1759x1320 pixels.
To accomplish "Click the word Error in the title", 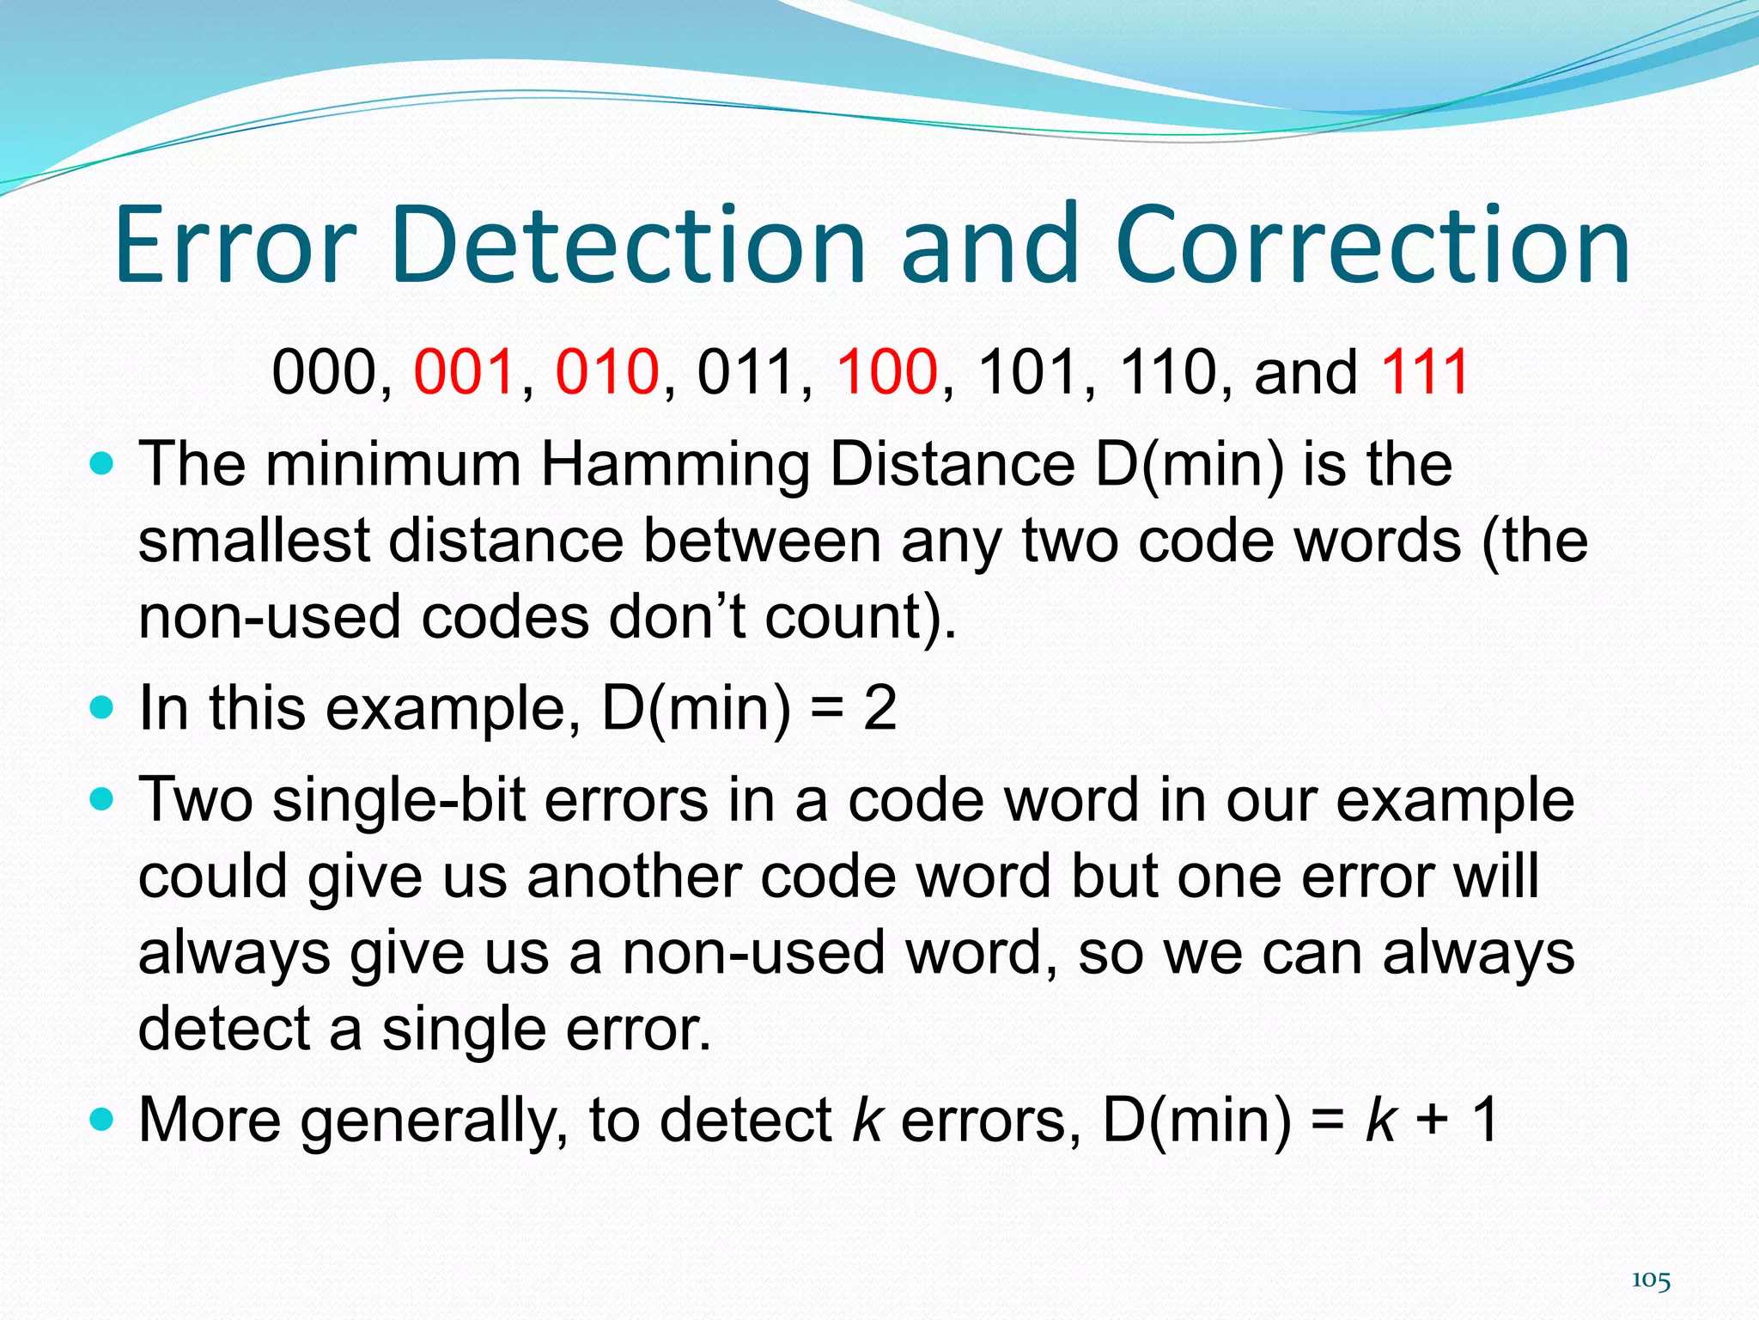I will pyautogui.click(x=234, y=245).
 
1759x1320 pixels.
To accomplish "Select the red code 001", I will pyautogui.click(x=465, y=372).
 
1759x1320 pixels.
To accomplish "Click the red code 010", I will pyautogui.click(x=606, y=372).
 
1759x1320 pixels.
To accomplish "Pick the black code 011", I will pyautogui.click(x=746, y=372).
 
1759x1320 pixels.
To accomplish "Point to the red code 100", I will pyautogui.click(x=887, y=372).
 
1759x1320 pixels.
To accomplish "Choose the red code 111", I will pyautogui.click(x=1425, y=372).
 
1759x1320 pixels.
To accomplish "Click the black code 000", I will pyautogui.click(x=324, y=372).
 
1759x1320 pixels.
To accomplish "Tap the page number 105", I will pyautogui.click(x=1651, y=1280).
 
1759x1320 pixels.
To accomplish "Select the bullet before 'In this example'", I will pyautogui.click(x=101, y=708).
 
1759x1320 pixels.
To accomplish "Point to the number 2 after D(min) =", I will pyautogui.click(x=879, y=708).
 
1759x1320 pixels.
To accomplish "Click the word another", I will pyautogui.click(x=633, y=877).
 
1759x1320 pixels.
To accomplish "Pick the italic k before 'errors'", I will pyautogui.click(x=867, y=1120).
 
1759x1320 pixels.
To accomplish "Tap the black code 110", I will pyautogui.click(x=1167, y=372).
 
